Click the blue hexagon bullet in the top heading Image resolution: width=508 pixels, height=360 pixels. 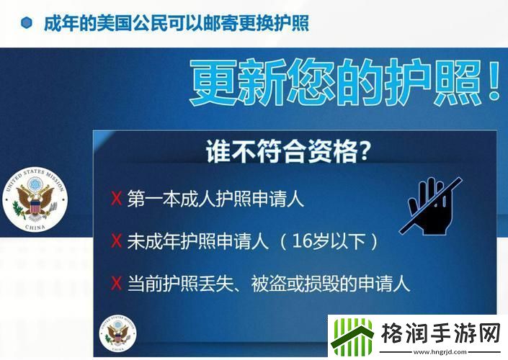[x=26, y=23]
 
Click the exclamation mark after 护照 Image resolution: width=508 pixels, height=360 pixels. [x=494, y=84]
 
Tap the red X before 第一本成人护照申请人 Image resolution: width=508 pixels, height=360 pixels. [x=116, y=199]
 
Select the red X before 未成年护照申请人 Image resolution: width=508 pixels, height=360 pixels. [x=116, y=240]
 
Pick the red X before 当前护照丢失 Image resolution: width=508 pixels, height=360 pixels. [x=116, y=283]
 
